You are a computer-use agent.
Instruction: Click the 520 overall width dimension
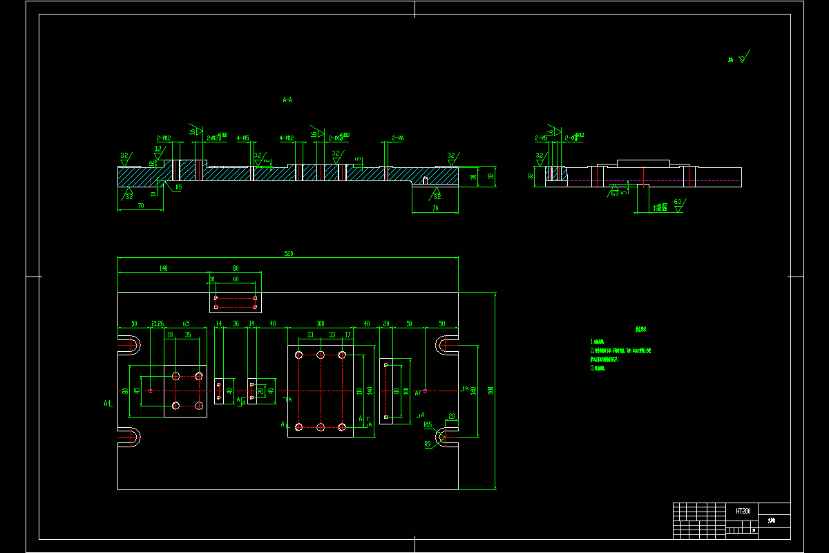(x=289, y=254)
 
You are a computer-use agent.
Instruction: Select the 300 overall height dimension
(x=490, y=391)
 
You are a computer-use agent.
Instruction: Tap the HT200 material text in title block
(x=743, y=510)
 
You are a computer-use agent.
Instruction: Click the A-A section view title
(x=287, y=100)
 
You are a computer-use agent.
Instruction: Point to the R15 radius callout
(x=428, y=424)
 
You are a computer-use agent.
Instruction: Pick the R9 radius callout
(x=427, y=443)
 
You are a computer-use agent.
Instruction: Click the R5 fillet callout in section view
(x=178, y=187)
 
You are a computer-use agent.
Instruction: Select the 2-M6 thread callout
(x=398, y=138)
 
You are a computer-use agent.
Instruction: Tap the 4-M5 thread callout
(x=243, y=138)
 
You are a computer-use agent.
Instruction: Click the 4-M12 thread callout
(x=287, y=138)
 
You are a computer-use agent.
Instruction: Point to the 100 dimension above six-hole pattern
(x=320, y=324)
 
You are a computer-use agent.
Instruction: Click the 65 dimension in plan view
(x=186, y=324)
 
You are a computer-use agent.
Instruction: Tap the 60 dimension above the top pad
(x=236, y=279)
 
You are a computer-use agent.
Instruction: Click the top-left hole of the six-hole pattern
(x=299, y=355)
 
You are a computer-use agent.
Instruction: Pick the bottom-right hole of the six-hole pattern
(x=341, y=427)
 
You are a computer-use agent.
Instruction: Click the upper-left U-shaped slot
(x=130, y=344)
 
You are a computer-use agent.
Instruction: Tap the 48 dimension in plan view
(x=273, y=324)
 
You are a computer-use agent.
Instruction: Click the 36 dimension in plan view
(x=236, y=324)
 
